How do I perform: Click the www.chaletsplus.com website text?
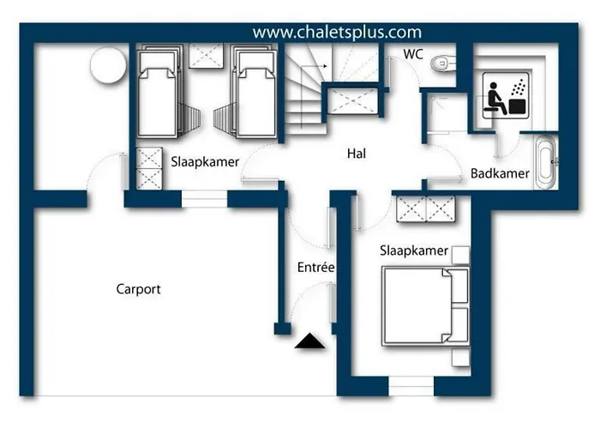[337, 33]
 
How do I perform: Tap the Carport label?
[139, 289]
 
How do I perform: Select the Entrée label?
[315, 267]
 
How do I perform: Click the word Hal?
[357, 154]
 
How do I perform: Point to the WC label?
[413, 54]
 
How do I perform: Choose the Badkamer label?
[500, 173]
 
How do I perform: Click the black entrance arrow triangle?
[310, 341]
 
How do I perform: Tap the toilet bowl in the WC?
[443, 63]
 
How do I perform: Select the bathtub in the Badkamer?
[546, 162]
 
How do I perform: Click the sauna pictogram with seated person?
[506, 95]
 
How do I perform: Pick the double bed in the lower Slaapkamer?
[425, 306]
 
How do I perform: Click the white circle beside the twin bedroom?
[109, 65]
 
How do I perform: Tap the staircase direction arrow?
[315, 66]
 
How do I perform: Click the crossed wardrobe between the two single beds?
[207, 56]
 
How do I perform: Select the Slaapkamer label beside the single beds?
[205, 161]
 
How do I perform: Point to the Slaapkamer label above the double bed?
[414, 251]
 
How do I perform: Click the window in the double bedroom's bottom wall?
[411, 386]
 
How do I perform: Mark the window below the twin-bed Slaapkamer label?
[204, 199]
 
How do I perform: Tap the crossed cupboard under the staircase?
[353, 101]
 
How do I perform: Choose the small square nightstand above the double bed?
[460, 255]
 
